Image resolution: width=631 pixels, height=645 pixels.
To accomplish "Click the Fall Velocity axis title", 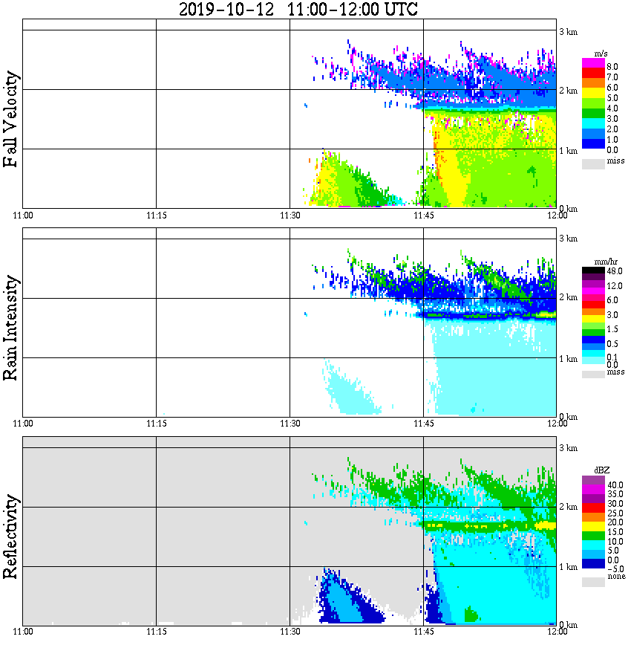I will (x=11, y=119).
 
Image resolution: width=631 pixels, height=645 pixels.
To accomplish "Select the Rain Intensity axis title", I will (x=11, y=327).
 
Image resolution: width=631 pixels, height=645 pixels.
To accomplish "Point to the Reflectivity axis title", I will (x=11, y=534).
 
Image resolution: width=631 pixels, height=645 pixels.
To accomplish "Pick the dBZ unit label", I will (x=603, y=470).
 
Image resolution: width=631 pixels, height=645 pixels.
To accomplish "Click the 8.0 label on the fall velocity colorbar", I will (x=612, y=67).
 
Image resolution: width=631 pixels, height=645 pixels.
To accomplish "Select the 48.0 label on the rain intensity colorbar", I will (x=613, y=271).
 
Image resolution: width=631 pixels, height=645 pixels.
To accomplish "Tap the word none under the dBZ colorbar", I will (x=615, y=577).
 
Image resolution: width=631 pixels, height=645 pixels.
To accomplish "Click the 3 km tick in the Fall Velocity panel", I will (x=568, y=30).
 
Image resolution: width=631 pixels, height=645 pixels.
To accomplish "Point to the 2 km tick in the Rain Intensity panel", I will (x=568, y=298).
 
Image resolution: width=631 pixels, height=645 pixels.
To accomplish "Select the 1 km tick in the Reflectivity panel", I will (x=568, y=567).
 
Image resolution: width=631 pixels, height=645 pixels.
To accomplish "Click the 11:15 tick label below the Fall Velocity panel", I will (x=156, y=215).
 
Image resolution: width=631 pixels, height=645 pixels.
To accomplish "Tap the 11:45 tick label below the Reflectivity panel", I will (x=423, y=632).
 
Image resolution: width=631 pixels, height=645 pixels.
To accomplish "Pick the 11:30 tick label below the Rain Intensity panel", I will (x=290, y=424).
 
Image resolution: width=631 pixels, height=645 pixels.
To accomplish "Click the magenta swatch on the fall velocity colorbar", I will (x=593, y=62).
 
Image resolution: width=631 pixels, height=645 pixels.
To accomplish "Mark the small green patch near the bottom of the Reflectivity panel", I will (x=469, y=615).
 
